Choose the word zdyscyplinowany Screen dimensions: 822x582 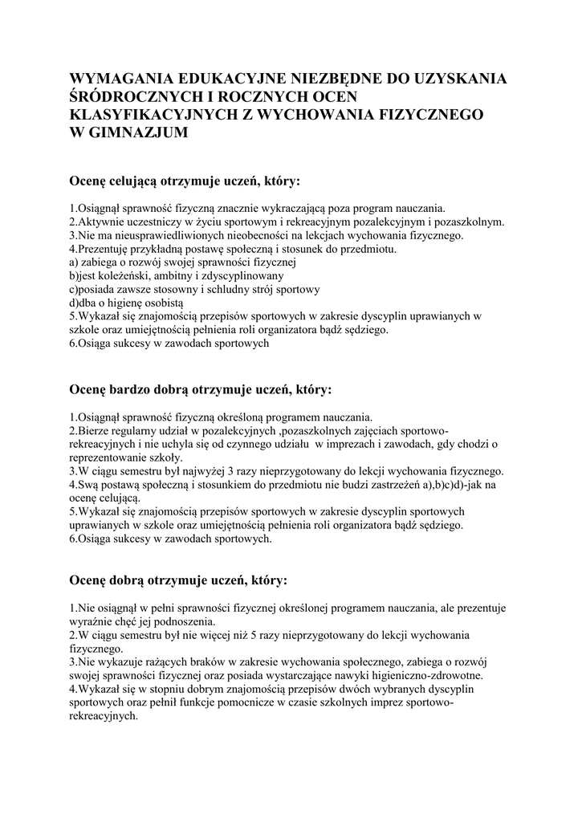(x=230, y=275)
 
